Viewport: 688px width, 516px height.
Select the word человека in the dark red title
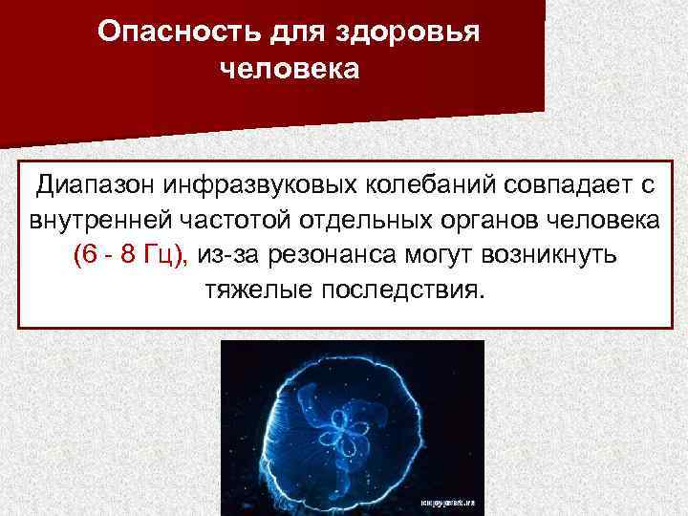(290, 71)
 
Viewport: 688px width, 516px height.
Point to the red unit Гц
(169, 254)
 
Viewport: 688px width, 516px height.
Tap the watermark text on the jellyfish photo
(444, 499)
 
